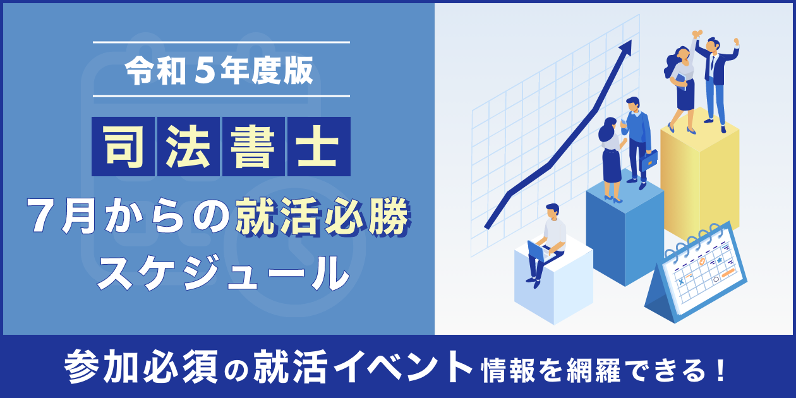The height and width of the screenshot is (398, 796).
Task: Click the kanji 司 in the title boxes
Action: coord(123,147)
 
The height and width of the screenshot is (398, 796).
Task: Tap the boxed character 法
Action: coord(188,147)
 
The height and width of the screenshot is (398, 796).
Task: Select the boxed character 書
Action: coord(253,147)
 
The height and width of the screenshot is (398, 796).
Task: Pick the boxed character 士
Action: coord(319,147)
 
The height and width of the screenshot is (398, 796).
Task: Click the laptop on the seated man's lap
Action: coord(538,251)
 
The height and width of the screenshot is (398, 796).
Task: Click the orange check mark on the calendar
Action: coord(703,262)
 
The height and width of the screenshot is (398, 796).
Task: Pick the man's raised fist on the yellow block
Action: coord(737,41)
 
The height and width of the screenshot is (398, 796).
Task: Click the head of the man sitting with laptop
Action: coord(552,211)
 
